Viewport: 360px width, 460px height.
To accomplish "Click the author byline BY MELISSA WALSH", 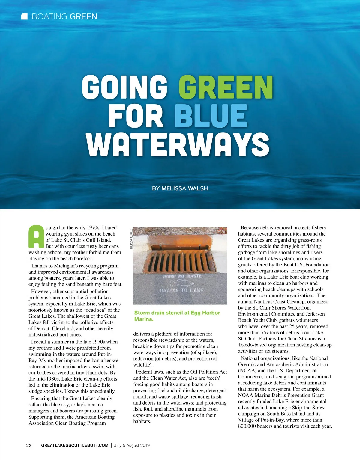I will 180,188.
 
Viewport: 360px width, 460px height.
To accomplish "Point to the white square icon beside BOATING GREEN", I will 25,16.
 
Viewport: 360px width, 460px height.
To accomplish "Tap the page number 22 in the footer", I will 29,445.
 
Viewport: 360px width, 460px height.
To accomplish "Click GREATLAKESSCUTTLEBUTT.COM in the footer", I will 75,445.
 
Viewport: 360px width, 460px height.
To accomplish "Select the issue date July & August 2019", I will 132,445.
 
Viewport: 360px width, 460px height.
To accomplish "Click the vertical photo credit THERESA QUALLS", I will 131,239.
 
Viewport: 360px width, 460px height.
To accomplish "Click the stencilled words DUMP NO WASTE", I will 182,276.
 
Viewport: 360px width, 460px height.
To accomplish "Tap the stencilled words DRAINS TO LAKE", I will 182,290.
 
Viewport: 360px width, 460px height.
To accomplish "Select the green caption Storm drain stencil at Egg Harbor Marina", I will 177,316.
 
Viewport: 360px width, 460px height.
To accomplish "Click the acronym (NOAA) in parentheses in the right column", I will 247,370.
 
